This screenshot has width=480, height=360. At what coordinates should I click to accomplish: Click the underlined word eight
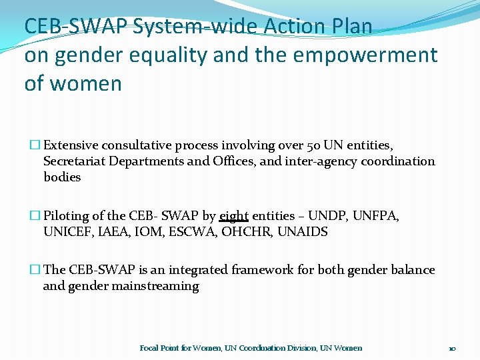click(x=233, y=216)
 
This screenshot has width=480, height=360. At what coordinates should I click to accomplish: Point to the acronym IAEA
click(x=109, y=232)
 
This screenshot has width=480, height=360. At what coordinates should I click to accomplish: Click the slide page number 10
click(x=451, y=348)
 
